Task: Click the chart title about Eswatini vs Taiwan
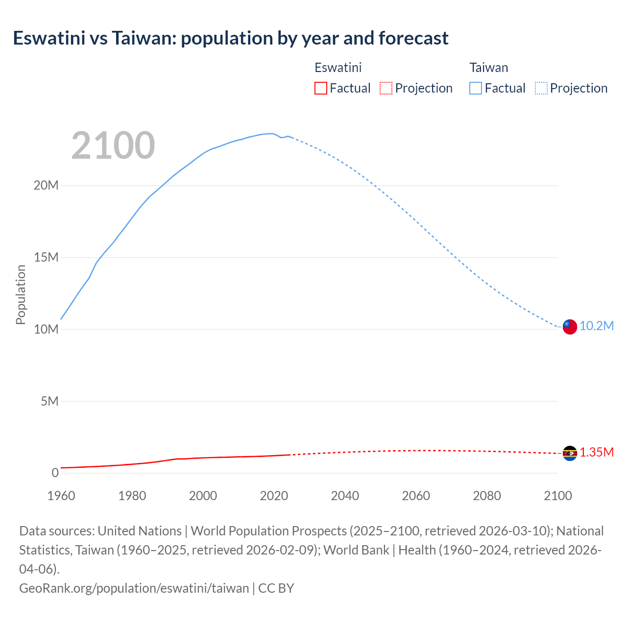point(230,38)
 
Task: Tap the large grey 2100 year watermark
point(113,145)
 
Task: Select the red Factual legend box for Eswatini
point(321,88)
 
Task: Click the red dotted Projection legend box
point(386,88)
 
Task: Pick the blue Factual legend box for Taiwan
point(476,88)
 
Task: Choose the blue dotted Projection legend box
point(541,88)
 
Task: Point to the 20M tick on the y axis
point(46,185)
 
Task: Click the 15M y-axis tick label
point(46,257)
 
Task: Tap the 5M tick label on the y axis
point(49,401)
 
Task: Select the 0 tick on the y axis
point(55,473)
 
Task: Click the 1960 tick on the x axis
point(61,496)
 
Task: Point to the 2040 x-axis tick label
point(345,496)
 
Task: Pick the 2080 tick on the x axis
point(487,496)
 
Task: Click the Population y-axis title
point(21,294)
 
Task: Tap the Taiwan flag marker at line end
point(570,326)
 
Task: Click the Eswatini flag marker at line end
point(570,453)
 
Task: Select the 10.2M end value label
point(597,326)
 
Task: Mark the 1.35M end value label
point(597,452)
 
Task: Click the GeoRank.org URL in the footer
point(134,588)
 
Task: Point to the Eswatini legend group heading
point(338,68)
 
